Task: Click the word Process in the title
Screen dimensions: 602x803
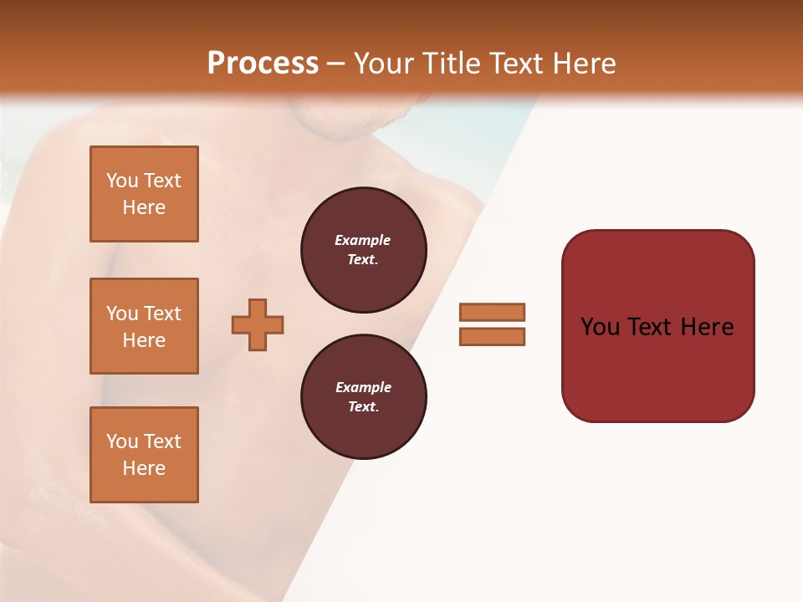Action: tap(263, 63)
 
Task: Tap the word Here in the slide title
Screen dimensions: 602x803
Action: tap(582, 64)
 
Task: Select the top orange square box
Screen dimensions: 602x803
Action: tap(144, 194)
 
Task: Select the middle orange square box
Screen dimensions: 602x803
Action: tap(144, 326)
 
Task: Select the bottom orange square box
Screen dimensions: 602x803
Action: tap(144, 455)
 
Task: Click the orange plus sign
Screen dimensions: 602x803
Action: tap(258, 324)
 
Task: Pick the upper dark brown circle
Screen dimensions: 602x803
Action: tap(363, 250)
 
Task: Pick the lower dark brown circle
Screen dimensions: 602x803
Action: tap(363, 397)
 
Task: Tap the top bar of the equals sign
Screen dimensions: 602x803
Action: tap(492, 312)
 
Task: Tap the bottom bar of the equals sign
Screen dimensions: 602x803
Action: tap(492, 336)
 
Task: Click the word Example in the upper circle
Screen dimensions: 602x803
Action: tap(362, 240)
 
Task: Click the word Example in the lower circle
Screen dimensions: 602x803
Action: tap(363, 387)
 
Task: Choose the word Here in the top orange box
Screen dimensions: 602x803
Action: tap(144, 207)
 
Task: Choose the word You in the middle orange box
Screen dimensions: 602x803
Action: tap(121, 314)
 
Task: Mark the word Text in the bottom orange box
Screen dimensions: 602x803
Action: tap(161, 441)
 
